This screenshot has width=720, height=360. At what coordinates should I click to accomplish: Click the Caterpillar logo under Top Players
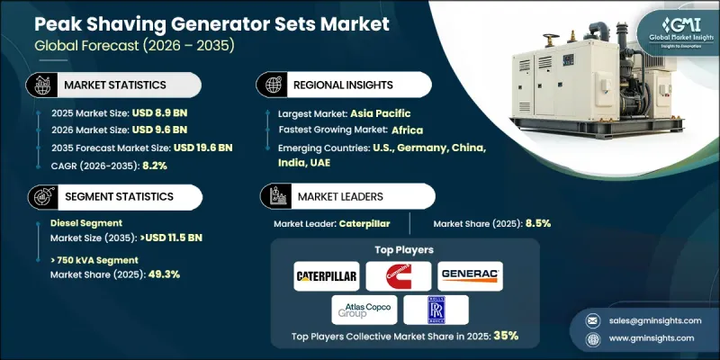tap(328, 274)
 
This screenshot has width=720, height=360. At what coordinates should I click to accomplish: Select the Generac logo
tap(470, 274)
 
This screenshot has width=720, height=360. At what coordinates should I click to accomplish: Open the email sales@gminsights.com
tap(651, 320)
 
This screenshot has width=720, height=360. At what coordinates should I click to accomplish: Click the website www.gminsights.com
tap(651, 338)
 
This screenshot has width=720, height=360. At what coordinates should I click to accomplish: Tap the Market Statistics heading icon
tap(41, 85)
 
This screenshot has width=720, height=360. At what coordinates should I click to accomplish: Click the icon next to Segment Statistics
tap(41, 195)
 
